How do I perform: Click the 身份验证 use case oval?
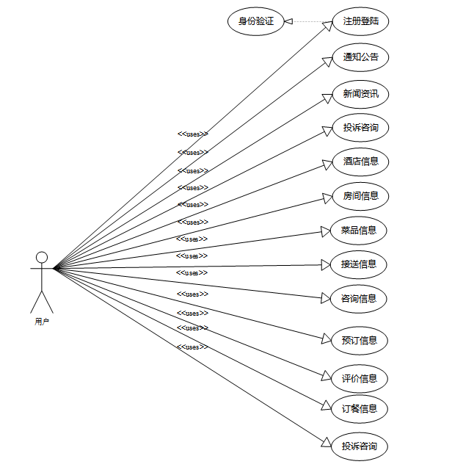tap(256, 22)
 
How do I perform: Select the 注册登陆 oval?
tap(360, 22)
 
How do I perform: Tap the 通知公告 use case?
tap(360, 57)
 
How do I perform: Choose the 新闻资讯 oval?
tap(360, 94)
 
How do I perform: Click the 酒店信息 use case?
tap(360, 162)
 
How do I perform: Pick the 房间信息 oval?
tap(360, 196)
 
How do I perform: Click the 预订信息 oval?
tap(360, 341)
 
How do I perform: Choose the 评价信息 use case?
tap(360, 379)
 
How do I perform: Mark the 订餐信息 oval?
tap(360, 409)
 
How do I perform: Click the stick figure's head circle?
tap(42, 257)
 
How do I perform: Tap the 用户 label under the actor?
tap(42, 322)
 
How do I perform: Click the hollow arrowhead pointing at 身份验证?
tap(289, 22)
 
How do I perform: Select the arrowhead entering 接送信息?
tap(327, 266)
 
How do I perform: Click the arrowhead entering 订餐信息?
tap(327, 405)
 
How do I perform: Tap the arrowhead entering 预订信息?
tap(327, 339)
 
